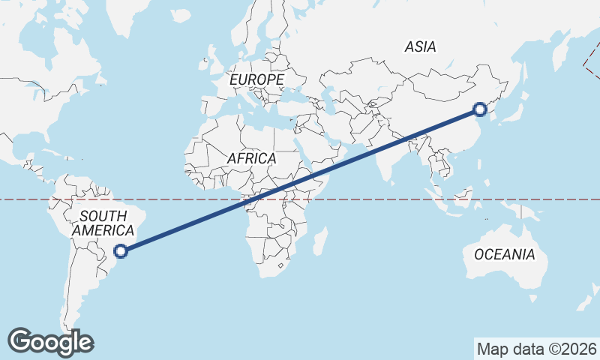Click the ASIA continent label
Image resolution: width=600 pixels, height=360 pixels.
pyautogui.click(x=420, y=46)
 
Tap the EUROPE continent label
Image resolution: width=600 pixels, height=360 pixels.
pyautogui.click(x=256, y=79)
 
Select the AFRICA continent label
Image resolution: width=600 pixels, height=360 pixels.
pyautogui.click(x=251, y=159)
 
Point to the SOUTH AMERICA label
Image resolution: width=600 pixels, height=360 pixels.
pyautogui.click(x=103, y=223)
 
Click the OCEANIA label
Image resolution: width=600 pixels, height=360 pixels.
pyautogui.click(x=505, y=255)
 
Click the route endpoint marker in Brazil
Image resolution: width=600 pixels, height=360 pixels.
pyautogui.click(x=121, y=251)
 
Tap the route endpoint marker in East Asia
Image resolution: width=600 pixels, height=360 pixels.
pyautogui.click(x=481, y=110)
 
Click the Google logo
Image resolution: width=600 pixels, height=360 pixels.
pyautogui.click(x=50, y=342)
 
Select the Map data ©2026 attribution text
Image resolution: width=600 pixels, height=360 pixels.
pyautogui.click(x=537, y=349)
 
